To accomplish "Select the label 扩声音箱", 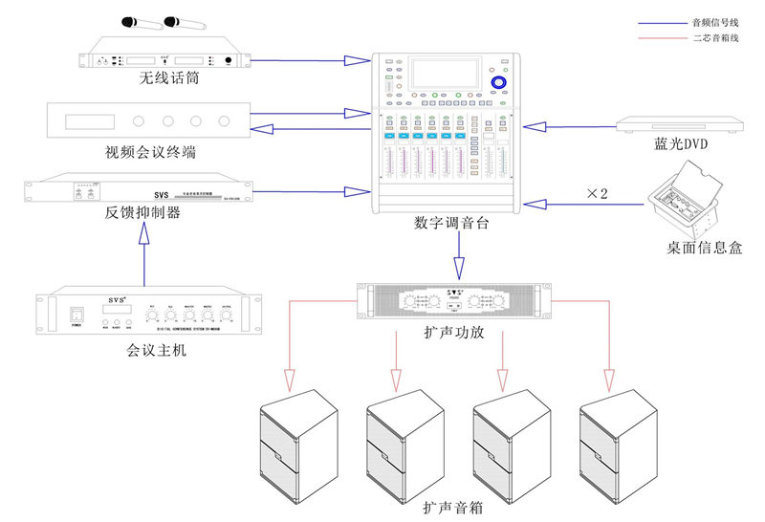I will tap(452, 508).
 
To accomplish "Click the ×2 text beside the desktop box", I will tap(596, 193).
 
